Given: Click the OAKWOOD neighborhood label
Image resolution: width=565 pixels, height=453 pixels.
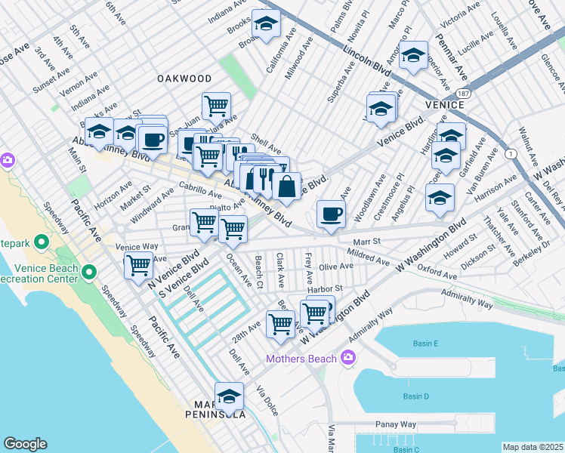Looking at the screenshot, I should tap(184, 79).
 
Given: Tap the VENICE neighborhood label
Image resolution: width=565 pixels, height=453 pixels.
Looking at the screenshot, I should tap(443, 104).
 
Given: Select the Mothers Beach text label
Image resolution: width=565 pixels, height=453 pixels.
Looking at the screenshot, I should tap(301, 358).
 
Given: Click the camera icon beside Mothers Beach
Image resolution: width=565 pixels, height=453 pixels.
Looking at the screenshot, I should tap(347, 357).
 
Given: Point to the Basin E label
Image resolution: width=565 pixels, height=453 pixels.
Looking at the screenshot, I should tap(426, 344).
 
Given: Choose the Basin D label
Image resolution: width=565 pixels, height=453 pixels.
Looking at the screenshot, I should tap(415, 396).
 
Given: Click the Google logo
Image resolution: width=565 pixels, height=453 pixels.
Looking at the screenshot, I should tap(25, 444).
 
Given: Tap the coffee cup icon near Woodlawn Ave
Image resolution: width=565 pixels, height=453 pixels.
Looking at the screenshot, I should tap(330, 214).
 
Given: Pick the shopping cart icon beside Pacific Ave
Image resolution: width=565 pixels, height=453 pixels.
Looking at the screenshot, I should tap(139, 265).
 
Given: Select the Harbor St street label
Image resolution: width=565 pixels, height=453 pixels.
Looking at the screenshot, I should tap(325, 288).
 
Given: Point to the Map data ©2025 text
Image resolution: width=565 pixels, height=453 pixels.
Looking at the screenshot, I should tap(533, 447).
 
